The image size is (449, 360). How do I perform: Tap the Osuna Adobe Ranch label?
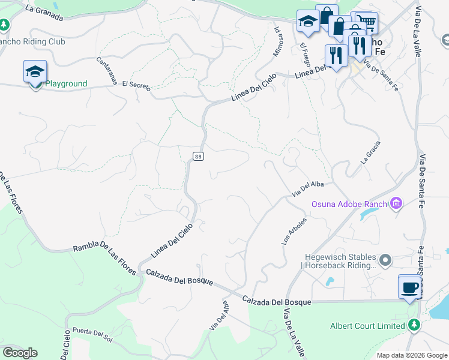click(349, 204)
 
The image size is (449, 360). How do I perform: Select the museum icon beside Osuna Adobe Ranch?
click(396, 204)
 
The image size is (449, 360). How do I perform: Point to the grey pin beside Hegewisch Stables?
click(385, 260)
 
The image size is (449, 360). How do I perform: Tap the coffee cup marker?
click(410, 287)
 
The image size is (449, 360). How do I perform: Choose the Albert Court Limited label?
click(368, 326)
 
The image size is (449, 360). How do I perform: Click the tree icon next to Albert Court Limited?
click(414, 325)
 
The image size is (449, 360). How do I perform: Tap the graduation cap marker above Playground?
click(35, 71)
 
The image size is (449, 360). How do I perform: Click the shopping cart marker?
click(367, 23)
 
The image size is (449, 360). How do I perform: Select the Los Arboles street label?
click(294, 231)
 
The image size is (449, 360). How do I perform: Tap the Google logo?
click(20, 353)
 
